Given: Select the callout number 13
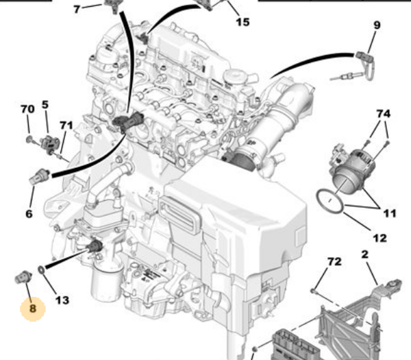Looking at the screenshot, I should click(62, 300).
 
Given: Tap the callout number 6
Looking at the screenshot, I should click(29, 214).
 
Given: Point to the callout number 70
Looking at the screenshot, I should click(27, 109).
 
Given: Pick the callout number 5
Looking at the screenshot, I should click(45, 105).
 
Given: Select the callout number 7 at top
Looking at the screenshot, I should click(77, 8).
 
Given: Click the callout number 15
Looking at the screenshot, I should click(242, 22).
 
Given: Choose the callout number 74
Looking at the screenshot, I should click(382, 113).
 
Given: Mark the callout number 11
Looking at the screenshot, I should click(389, 214).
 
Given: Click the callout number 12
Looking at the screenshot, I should click(379, 238).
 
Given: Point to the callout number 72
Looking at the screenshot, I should click(334, 262).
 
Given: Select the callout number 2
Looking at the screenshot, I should click(364, 254).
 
